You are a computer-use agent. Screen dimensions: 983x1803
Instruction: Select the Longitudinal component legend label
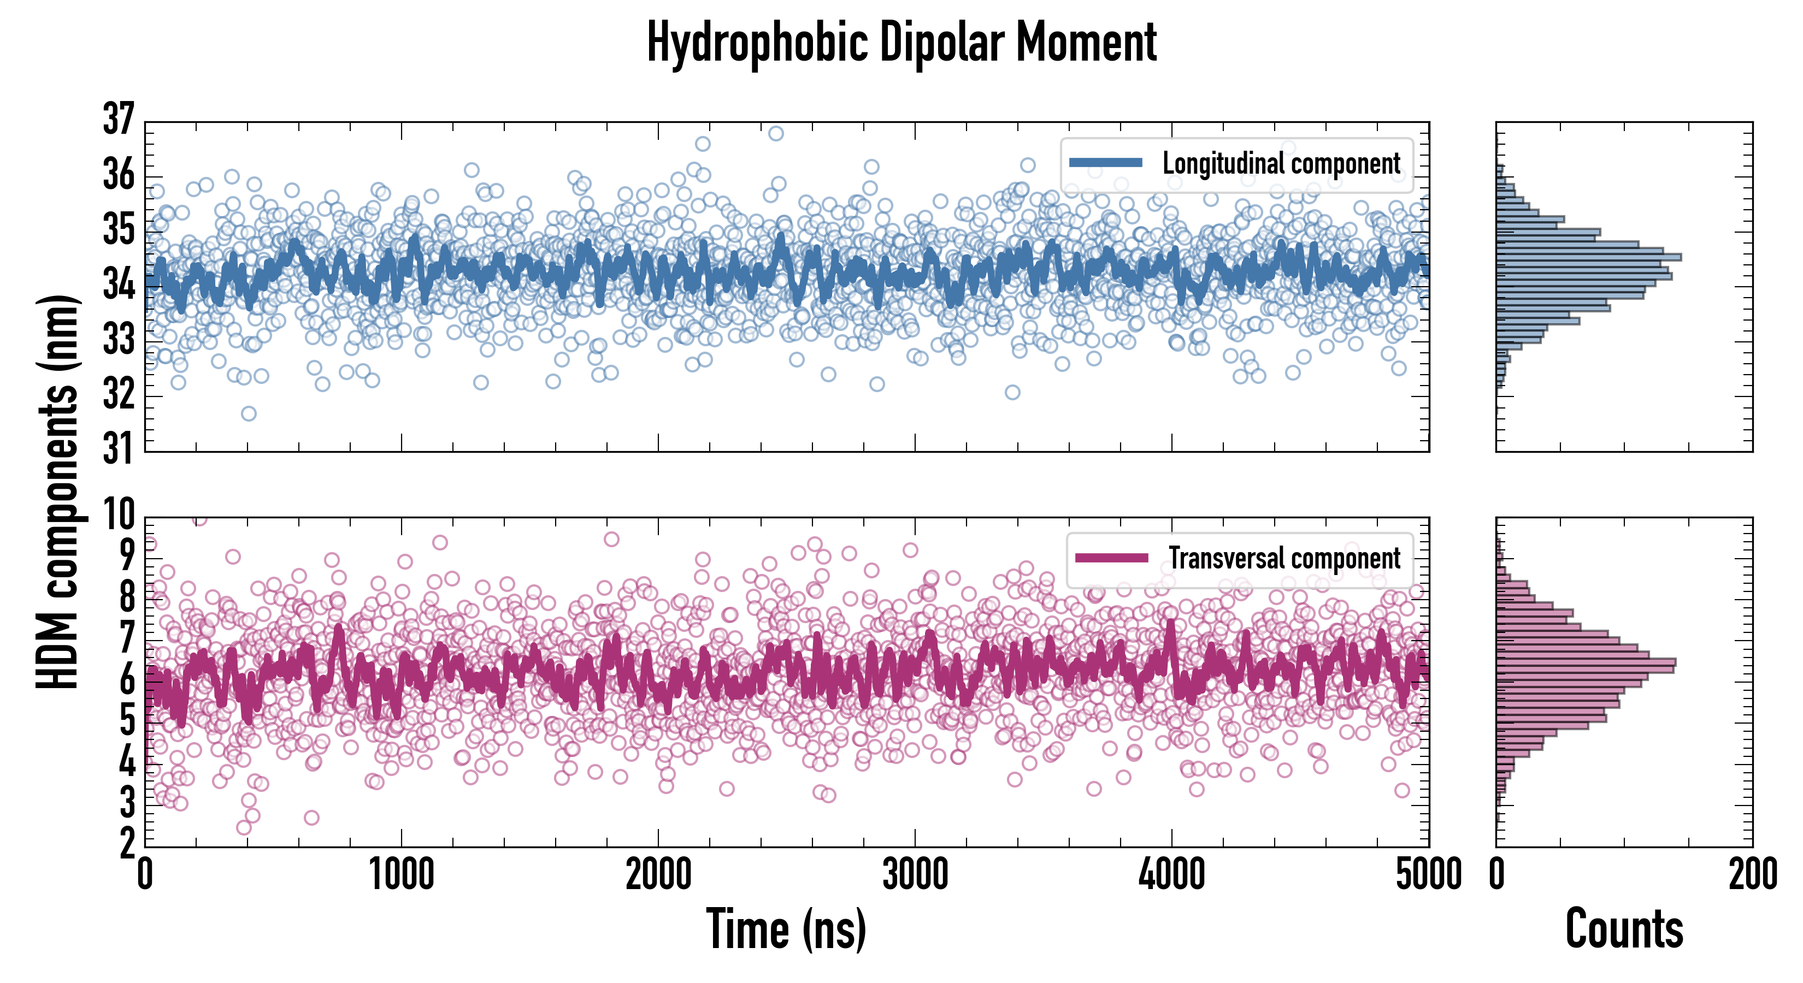tap(1281, 164)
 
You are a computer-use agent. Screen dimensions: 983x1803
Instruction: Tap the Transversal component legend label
tap(1285, 558)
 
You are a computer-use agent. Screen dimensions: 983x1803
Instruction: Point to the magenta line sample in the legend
tap(1111, 558)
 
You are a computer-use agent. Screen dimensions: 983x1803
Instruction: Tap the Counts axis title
tap(1624, 929)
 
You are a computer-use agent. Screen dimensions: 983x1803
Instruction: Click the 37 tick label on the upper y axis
tap(117, 119)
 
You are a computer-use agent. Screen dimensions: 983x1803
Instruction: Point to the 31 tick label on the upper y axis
tap(117, 449)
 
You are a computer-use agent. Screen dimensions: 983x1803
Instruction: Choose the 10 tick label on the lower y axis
tap(117, 515)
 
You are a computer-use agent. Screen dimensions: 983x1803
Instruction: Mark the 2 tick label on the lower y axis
tap(127, 844)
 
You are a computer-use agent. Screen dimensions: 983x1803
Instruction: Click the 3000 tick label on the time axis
tap(915, 874)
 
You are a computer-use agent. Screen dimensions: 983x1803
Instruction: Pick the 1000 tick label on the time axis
tap(402, 874)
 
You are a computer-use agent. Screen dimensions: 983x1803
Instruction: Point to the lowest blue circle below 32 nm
tap(249, 413)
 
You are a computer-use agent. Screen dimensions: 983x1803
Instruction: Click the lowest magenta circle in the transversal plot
tap(244, 828)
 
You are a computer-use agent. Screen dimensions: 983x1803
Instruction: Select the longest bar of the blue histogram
tap(1589, 257)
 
